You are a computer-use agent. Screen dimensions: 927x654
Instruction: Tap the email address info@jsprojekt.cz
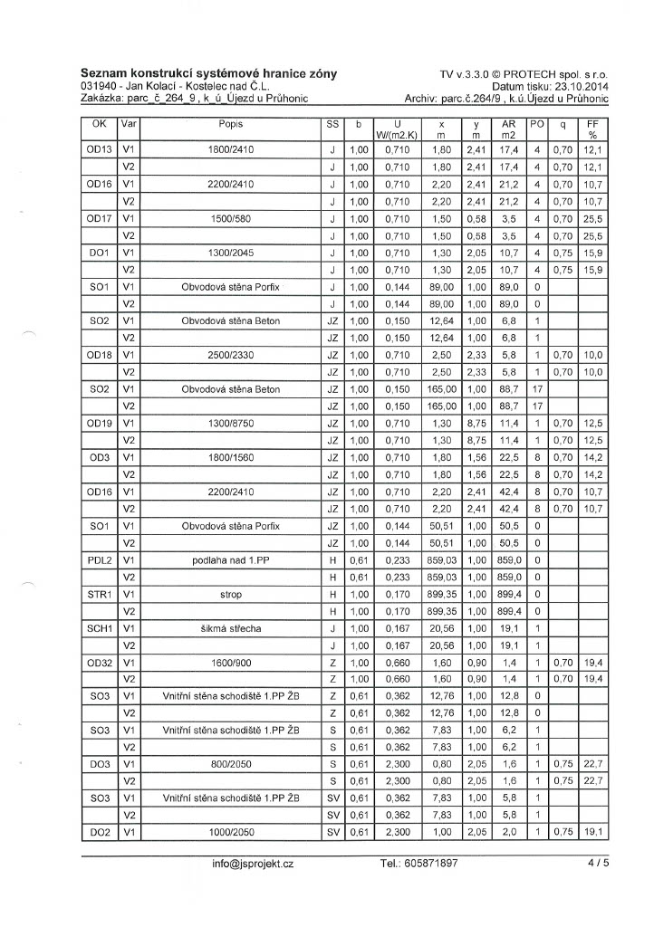tap(253, 864)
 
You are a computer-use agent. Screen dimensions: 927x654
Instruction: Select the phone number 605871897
tap(419, 864)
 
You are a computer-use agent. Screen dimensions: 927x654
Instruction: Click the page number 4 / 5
tap(599, 864)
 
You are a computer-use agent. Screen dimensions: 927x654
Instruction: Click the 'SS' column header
tap(332, 124)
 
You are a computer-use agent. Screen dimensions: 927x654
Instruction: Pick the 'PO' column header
tap(536, 124)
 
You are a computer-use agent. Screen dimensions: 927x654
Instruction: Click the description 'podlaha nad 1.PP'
tap(230, 561)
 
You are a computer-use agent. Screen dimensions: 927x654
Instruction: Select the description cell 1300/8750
tap(230, 425)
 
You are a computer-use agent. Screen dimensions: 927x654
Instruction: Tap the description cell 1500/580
tap(230, 218)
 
